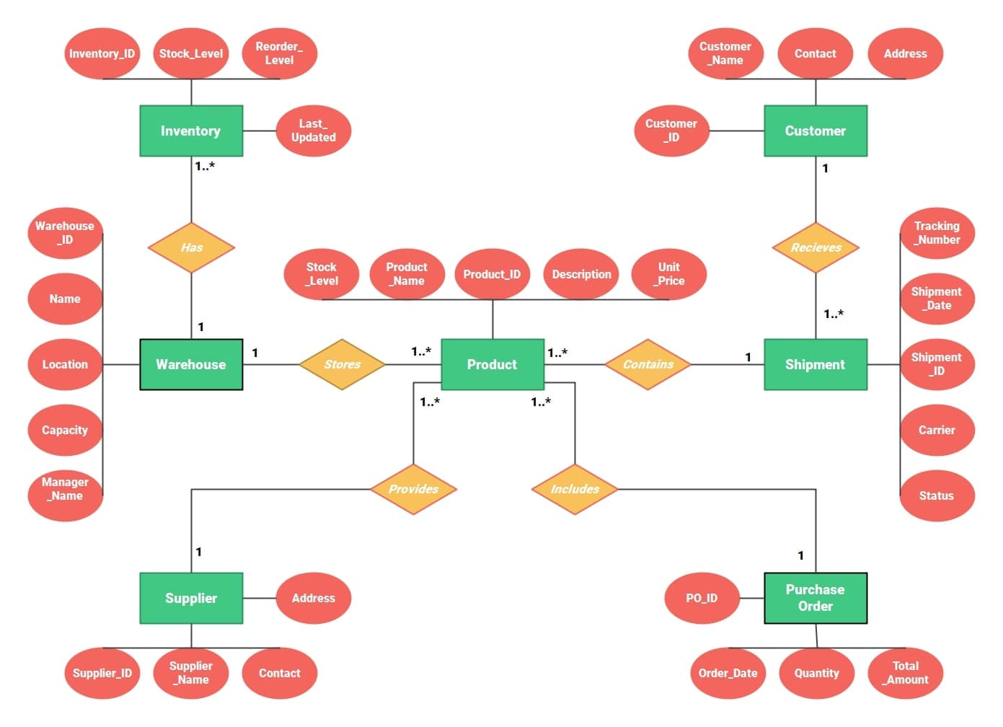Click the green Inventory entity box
tap(191, 131)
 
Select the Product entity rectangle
tap(492, 364)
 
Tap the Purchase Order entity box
tap(815, 598)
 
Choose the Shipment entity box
tap(815, 364)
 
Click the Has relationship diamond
tap(191, 247)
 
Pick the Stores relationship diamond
tap(342, 364)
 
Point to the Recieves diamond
tap(816, 247)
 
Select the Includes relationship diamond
tap(575, 489)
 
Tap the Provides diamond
tap(413, 489)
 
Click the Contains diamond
tap(648, 364)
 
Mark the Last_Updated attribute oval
tap(314, 131)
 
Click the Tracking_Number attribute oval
tap(937, 233)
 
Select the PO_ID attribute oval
tap(702, 598)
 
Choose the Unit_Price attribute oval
tap(668, 274)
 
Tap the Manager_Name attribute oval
tap(65, 489)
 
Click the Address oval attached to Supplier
tap(314, 598)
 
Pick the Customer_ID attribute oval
tap(671, 131)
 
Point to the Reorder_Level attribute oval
tap(279, 53)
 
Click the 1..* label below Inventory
tap(205, 166)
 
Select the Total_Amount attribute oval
tap(906, 673)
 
